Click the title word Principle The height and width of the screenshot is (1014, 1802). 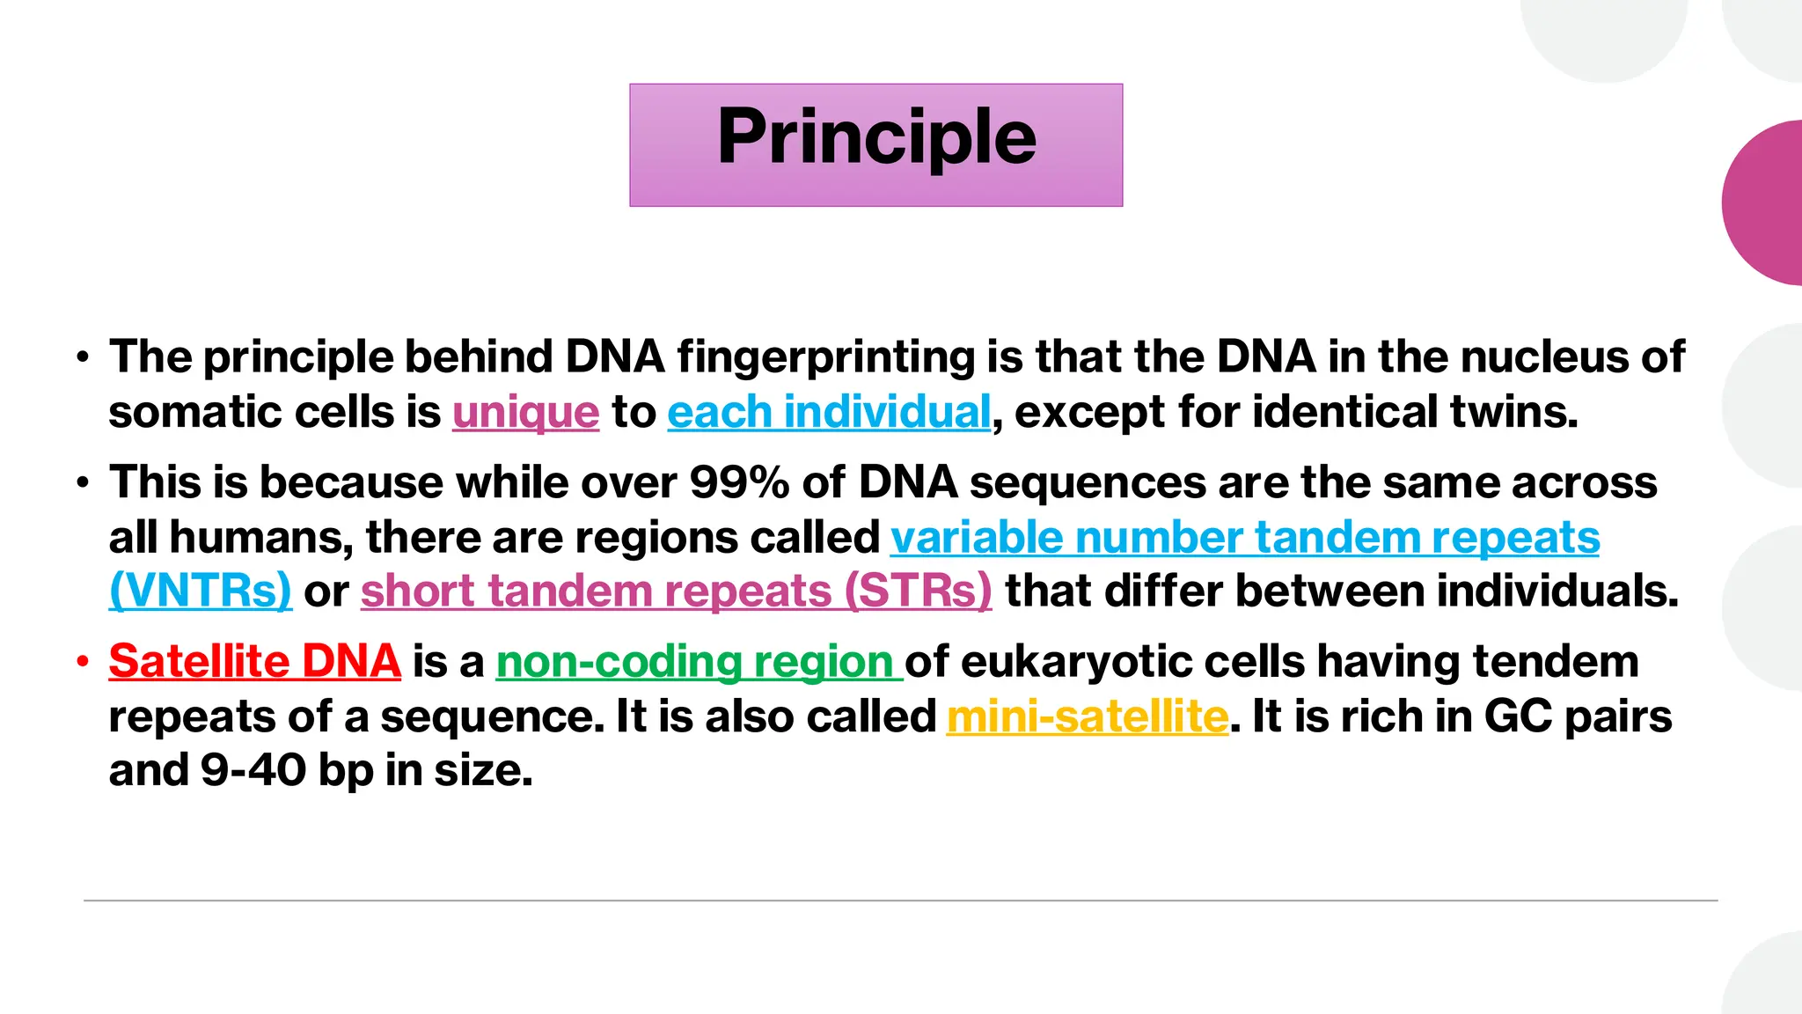[876, 138]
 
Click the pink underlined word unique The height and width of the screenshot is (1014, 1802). [525, 413]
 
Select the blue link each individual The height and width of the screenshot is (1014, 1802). [829, 413]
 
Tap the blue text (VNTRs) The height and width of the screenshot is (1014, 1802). [200, 591]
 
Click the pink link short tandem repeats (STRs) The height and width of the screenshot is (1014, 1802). [676, 591]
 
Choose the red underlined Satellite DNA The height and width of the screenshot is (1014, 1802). [255, 662]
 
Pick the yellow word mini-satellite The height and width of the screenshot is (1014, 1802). [1087, 717]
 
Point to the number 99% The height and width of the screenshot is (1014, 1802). [739, 483]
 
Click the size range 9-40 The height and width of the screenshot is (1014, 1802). [253, 771]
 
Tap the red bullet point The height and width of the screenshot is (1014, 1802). [83, 661]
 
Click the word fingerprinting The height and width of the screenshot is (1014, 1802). [825, 357]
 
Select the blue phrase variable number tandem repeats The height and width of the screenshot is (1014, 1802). [1244, 538]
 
